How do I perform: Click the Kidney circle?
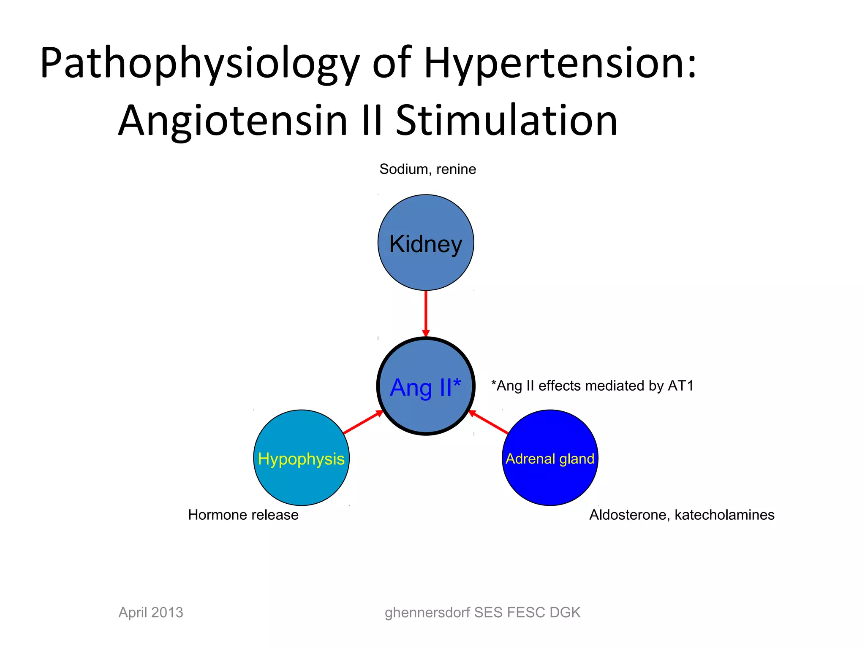426,243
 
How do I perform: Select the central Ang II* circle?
426,386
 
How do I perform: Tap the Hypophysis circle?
301,458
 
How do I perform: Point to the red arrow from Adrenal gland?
489,422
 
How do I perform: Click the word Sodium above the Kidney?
403,169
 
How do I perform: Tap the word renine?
456,169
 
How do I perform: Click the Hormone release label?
243,515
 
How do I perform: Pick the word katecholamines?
724,515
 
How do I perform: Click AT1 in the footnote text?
680,386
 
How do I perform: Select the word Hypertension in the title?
560,63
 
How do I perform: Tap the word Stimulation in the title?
507,121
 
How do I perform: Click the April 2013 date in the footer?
151,612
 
